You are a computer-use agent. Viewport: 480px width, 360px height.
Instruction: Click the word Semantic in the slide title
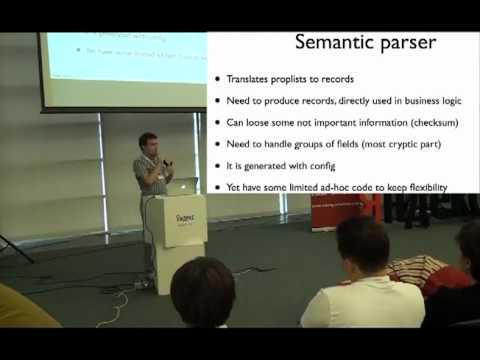[x=328, y=43]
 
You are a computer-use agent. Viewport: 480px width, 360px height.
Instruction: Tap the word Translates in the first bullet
[x=250, y=80]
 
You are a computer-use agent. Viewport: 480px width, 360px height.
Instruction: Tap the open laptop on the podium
[x=183, y=186]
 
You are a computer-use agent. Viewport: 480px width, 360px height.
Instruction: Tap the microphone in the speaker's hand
[x=165, y=163]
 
